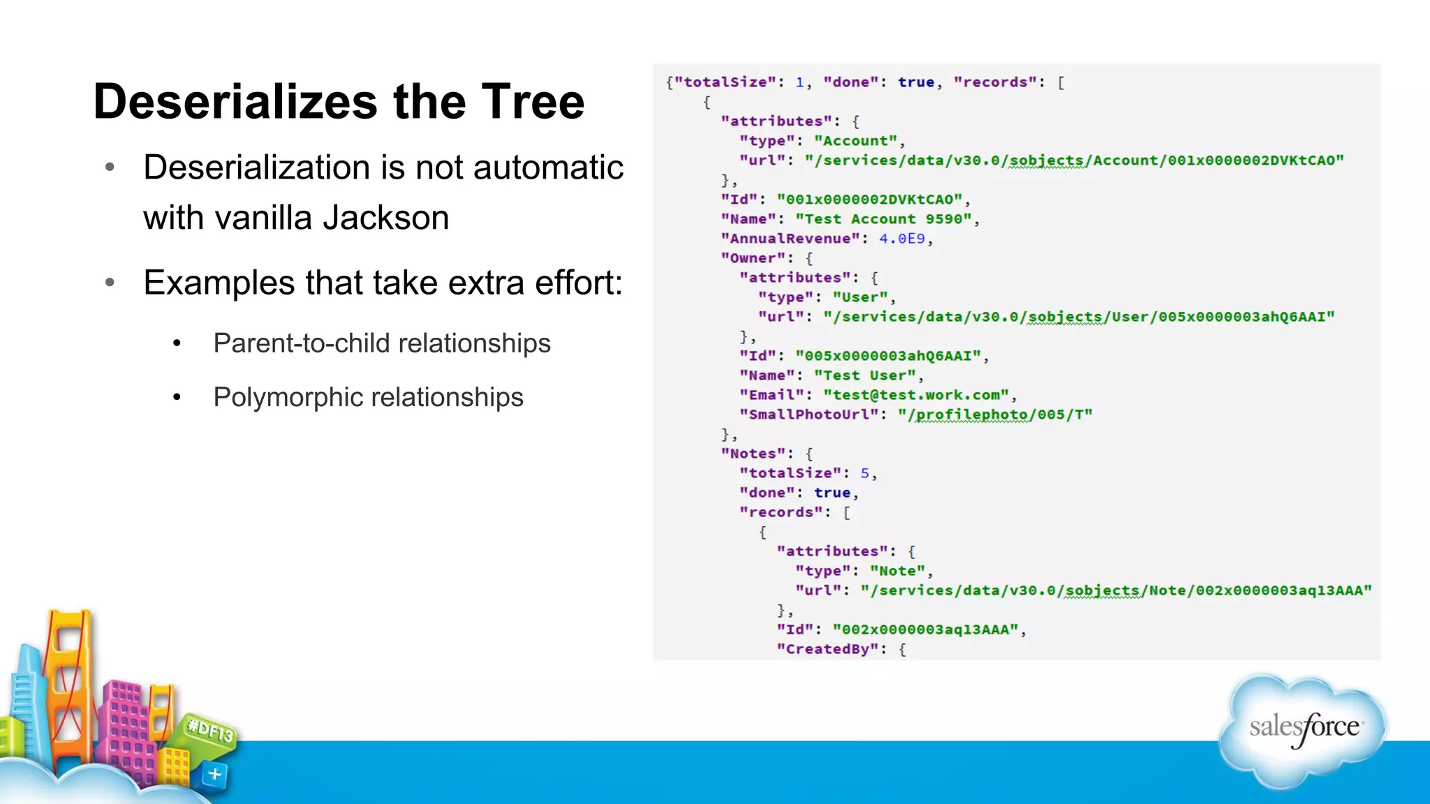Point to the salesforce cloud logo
pyautogui.click(x=1303, y=730)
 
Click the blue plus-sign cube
pyautogui.click(x=214, y=774)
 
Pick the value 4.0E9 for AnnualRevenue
pyautogui.click(x=901, y=239)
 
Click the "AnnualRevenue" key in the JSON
pyautogui.click(x=790, y=239)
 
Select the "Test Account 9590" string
pyautogui.click(x=883, y=219)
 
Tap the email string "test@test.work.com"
pyautogui.click(x=916, y=395)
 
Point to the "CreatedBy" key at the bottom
pyautogui.click(x=827, y=649)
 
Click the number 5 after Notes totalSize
pyautogui.click(x=864, y=473)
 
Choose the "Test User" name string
pyautogui.click(x=864, y=375)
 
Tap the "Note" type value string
pyautogui.click(x=897, y=571)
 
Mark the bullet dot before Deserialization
pyautogui.click(x=110, y=167)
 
